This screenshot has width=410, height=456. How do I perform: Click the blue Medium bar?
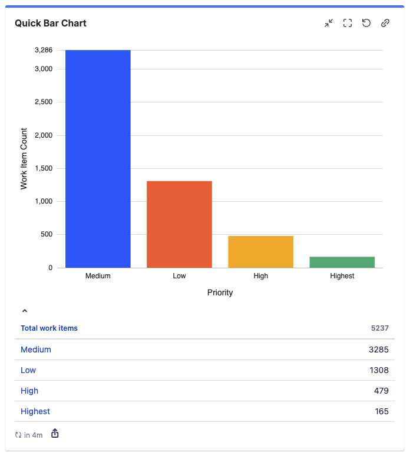(x=98, y=159)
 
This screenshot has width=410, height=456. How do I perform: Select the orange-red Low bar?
(x=179, y=224)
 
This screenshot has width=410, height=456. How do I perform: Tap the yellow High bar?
(x=260, y=252)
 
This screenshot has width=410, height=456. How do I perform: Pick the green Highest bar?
(x=342, y=262)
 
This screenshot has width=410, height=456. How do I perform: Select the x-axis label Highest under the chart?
(x=342, y=276)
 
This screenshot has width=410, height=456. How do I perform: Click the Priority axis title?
(x=220, y=292)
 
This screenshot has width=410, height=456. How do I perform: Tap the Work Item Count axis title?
(x=24, y=158)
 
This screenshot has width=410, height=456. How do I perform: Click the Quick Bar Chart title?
(x=51, y=24)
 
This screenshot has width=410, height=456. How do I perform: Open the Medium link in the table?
(x=36, y=350)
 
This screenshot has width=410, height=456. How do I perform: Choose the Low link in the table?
(x=28, y=370)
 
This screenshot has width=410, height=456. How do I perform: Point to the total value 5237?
(x=380, y=328)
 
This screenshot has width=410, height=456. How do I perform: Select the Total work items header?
(x=49, y=328)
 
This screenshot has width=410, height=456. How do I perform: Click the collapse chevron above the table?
(x=25, y=311)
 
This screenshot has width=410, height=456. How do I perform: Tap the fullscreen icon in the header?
(x=348, y=23)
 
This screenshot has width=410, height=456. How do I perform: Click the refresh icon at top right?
(x=366, y=23)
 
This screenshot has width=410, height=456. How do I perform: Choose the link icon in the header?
(x=385, y=23)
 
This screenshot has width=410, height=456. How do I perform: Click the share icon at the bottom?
(x=55, y=434)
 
